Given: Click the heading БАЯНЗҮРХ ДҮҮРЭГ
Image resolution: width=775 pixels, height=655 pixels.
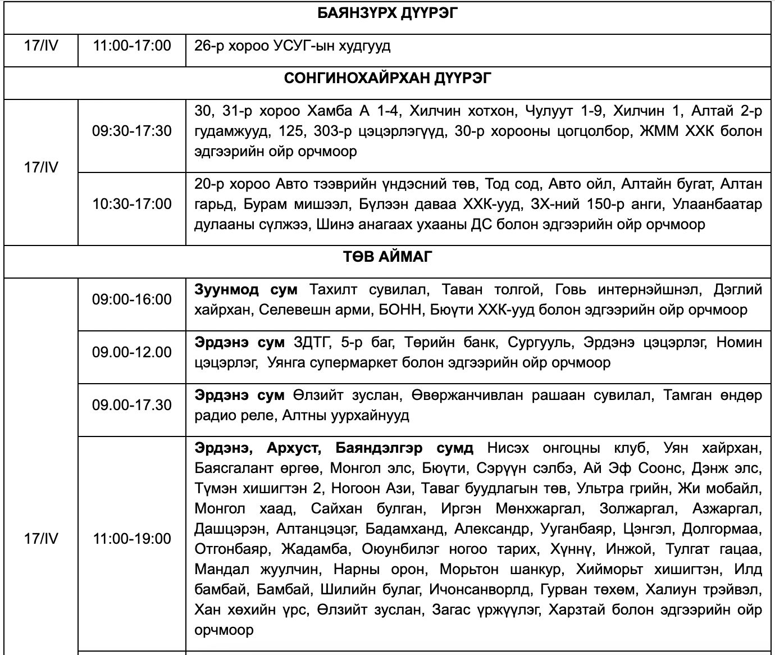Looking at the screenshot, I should [x=387, y=13].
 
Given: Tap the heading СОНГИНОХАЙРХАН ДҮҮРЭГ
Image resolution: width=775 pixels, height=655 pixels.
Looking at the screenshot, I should [x=387, y=78].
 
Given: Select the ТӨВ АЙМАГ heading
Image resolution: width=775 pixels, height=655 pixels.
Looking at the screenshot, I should [x=387, y=257].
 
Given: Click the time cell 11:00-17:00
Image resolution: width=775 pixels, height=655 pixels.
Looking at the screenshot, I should [x=132, y=46].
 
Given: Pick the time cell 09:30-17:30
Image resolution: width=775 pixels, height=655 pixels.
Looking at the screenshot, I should [x=132, y=131].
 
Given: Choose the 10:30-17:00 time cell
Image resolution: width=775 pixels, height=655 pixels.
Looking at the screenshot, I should [x=132, y=203].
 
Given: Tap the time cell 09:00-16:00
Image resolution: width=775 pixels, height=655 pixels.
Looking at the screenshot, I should [x=132, y=299].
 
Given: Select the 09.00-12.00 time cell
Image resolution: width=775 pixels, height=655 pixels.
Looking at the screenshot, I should [x=132, y=352].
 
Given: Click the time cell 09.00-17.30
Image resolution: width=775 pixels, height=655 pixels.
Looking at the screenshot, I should [x=132, y=405].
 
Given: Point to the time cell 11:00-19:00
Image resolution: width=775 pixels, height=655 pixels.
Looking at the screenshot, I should [x=132, y=539].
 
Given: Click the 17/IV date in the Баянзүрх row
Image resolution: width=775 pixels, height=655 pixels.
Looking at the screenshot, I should [x=41, y=46].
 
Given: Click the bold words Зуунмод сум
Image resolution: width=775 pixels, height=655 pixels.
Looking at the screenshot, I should [x=247, y=290].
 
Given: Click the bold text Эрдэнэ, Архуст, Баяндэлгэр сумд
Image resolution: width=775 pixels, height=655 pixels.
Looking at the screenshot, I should [x=334, y=449].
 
